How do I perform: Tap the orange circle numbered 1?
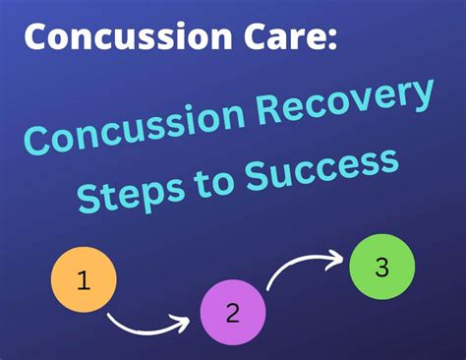click(84, 281)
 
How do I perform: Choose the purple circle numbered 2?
click(233, 313)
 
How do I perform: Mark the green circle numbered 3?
click(382, 268)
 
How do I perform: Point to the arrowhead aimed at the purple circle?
click(182, 320)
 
